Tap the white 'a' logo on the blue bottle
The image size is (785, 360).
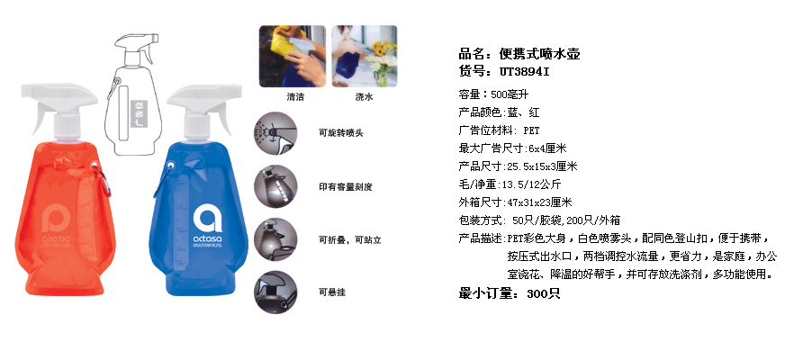click(x=207, y=219)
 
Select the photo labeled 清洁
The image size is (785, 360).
click(x=293, y=57)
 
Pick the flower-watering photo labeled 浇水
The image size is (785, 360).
click(x=364, y=57)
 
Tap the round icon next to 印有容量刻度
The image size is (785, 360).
click(x=275, y=187)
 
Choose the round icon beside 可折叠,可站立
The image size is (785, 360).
click(x=275, y=239)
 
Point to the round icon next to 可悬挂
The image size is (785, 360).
click(x=275, y=292)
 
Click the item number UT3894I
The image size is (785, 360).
click(x=524, y=72)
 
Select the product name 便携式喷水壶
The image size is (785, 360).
click(x=540, y=54)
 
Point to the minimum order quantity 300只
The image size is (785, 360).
click(x=543, y=294)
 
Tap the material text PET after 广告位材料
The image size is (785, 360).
click(x=532, y=130)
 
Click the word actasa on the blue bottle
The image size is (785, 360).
click(x=207, y=239)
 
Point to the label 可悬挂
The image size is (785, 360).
click(x=332, y=292)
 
